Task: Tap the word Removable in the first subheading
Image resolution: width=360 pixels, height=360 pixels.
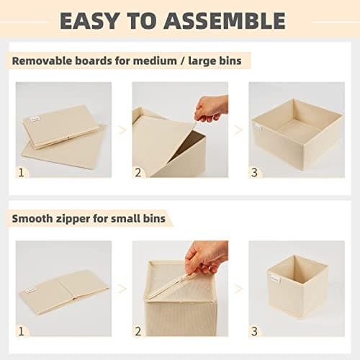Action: [42, 60]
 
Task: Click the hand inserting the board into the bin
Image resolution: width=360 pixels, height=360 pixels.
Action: [212, 108]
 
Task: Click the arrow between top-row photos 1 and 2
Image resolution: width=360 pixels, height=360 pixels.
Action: [122, 130]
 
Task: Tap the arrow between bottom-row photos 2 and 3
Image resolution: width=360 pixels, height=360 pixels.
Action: [238, 288]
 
